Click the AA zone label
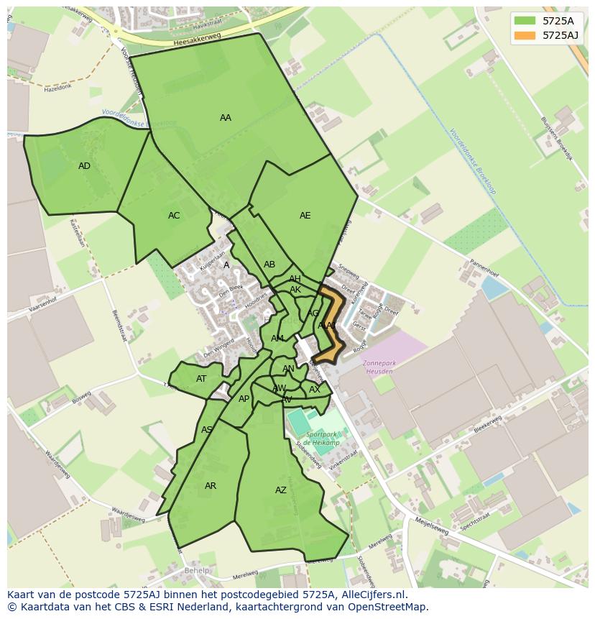(226, 118)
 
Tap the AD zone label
(84, 166)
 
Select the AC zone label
(174, 216)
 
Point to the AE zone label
(305, 216)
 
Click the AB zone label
(269, 265)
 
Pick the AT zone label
(201, 379)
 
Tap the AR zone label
(211, 486)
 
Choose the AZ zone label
(281, 490)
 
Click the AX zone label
(314, 390)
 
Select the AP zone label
(244, 399)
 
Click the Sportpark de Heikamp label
(321, 439)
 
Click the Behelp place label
(196, 571)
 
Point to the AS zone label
(207, 430)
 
